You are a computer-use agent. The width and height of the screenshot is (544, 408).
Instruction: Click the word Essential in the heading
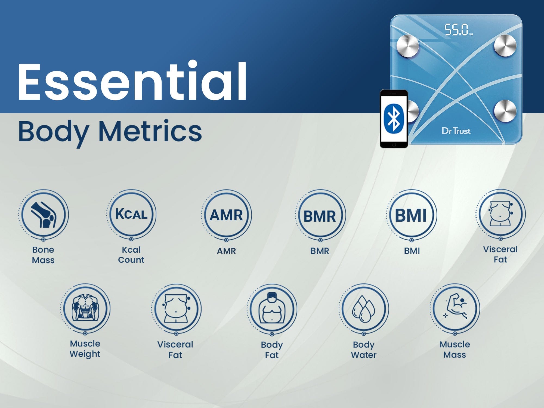point(132,81)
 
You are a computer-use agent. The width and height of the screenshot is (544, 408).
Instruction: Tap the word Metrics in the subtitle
point(150,131)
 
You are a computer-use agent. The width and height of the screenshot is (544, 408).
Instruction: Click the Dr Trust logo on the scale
point(456,131)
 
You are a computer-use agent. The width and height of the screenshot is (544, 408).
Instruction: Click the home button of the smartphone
point(394,145)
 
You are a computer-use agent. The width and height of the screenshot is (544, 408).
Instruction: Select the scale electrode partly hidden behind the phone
point(413,111)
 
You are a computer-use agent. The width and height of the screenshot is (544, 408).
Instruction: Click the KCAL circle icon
point(131,214)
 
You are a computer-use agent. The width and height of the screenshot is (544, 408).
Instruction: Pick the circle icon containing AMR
point(226,215)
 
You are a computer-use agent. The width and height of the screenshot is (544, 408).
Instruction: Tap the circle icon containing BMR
point(320,215)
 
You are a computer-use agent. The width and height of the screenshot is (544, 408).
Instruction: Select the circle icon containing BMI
point(411,215)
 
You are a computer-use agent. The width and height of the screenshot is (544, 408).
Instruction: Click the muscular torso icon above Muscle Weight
point(85,308)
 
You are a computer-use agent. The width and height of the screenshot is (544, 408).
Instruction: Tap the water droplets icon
point(364,308)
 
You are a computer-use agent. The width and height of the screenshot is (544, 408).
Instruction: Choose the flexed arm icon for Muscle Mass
point(455,308)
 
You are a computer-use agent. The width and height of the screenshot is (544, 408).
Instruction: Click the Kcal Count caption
point(131,255)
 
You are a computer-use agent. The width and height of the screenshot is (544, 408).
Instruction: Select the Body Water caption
point(364,350)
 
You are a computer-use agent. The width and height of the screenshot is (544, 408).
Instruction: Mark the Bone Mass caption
point(43,255)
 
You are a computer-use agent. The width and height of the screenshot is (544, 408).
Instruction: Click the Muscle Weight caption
point(85,349)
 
